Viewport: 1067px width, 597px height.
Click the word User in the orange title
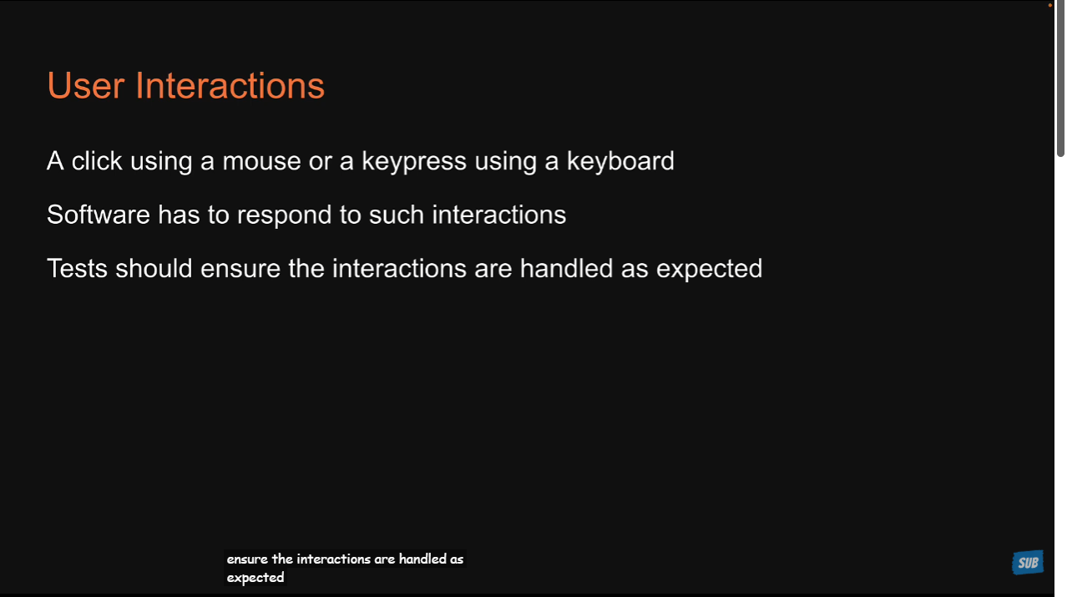tap(86, 86)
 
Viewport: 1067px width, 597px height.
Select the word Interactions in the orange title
tap(230, 86)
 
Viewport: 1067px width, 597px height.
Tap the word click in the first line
tap(97, 160)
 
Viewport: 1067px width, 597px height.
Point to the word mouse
tap(261, 161)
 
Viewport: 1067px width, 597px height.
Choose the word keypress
tap(414, 162)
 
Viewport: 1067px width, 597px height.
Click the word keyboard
tap(620, 160)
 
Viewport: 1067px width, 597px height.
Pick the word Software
tap(99, 215)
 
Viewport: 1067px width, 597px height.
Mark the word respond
tap(284, 215)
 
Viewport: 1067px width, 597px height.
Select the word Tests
tap(77, 268)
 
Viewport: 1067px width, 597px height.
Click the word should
tap(154, 268)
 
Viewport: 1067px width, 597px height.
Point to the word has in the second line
tap(179, 215)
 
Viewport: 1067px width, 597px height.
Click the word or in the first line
tap(320, 162)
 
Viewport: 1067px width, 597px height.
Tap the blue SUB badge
tap(1028, 563)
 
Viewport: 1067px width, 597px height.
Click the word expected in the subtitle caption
tap(255, 578)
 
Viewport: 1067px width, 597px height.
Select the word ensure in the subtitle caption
tap(247, 559)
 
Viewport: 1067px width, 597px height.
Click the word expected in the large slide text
tap(710, 270)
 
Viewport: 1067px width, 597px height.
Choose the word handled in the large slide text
tap(566, 268)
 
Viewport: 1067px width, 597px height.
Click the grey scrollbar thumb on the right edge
tap(1060, 78)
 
